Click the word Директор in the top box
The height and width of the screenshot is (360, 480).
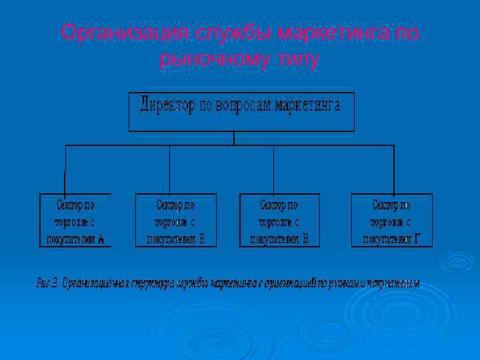point(167,105)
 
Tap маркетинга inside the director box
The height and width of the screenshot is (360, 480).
point(308,105)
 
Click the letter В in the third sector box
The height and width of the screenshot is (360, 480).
point(305,239)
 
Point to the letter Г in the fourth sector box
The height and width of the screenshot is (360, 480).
point(417,239)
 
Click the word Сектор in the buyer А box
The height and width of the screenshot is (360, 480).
point(75,204)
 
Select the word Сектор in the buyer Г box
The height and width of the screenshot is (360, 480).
point(391,204)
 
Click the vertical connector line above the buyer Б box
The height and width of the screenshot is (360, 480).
point(170,169)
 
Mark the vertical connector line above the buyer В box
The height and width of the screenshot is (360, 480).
point(274,169)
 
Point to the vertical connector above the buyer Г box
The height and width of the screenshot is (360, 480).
point(393,169)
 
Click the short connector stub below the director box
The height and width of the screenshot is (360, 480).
point(233,138)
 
